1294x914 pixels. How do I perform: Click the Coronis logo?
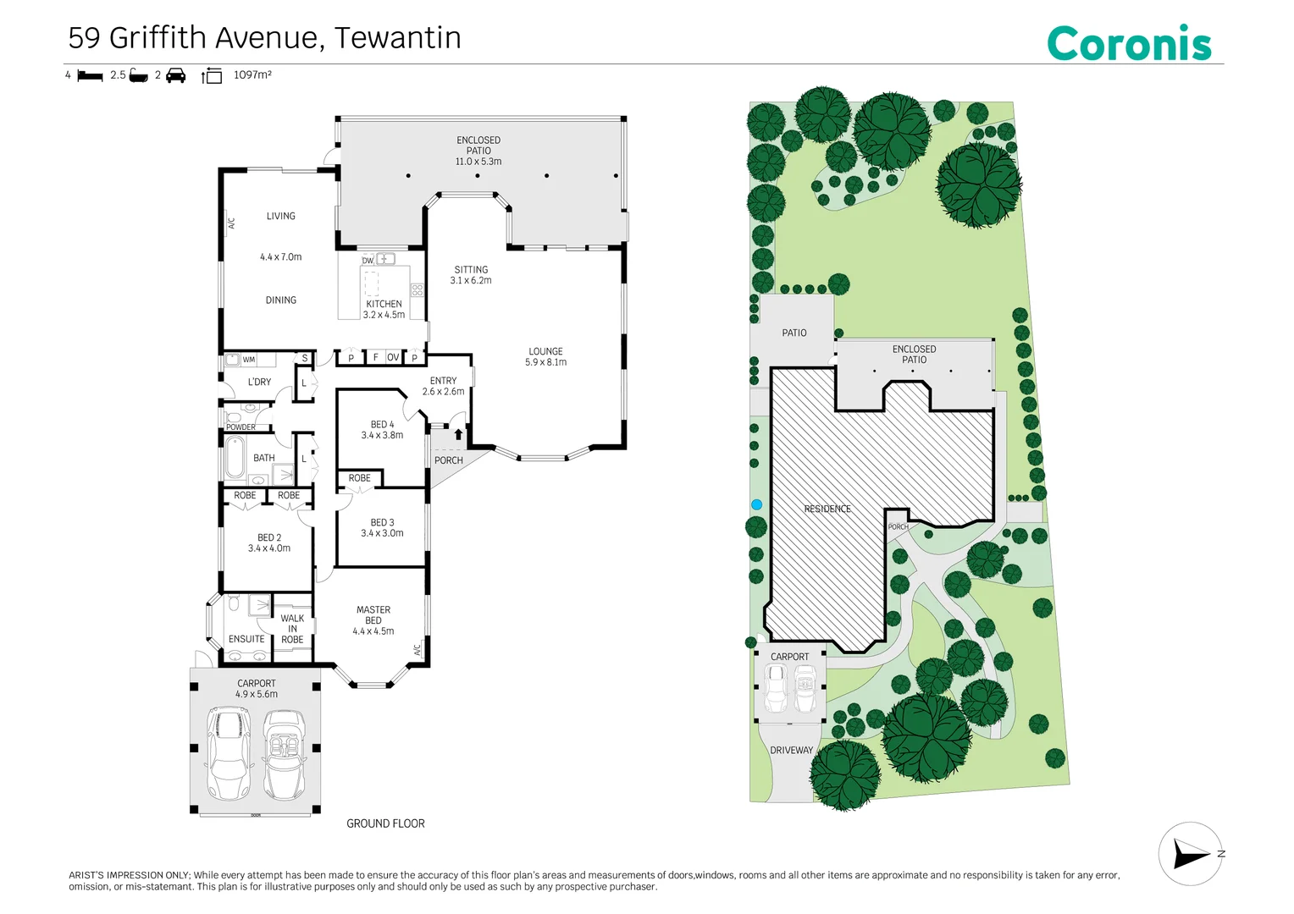(x=1129, y=43)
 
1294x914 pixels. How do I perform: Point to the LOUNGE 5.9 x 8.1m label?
(x=545, y=357)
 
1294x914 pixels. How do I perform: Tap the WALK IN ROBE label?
(x=292, y=629)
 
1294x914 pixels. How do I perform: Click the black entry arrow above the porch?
(x=458, y=433)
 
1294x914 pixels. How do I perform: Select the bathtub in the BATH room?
(x=235, y=457)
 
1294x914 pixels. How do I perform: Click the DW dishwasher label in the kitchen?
(x=368, y=261)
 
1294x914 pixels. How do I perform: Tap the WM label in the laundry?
(x=249, y=360)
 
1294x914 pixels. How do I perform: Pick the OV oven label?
(x=393, y=357)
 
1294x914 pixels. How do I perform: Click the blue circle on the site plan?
(x=756, y=504)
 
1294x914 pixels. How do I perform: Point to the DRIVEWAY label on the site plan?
(x=792, y=750)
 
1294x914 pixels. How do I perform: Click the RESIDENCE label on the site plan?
(x=827, y=509)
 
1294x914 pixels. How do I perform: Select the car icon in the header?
(x=175, y=75)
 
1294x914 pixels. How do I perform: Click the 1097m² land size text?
(x=252, y=74)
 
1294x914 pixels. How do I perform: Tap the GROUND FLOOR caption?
(x=385, y=824)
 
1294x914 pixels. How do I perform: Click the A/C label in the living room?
(x=232, y=223)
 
